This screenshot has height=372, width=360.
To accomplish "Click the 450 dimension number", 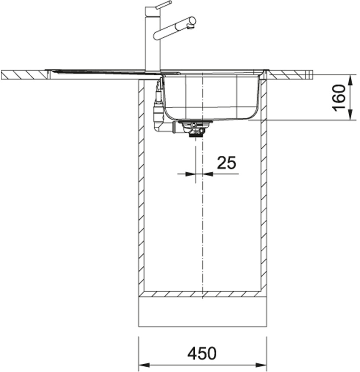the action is point(202,353).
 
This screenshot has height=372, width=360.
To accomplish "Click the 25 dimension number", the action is point(227,163).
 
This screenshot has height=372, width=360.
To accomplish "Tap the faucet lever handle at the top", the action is point(163,6).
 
